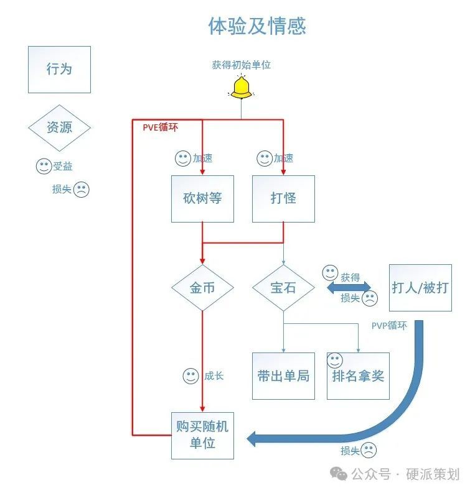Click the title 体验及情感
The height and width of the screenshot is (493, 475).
pos(256,26)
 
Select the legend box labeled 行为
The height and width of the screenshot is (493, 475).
pos(59,69)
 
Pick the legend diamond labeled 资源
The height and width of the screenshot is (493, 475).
pos(59,127)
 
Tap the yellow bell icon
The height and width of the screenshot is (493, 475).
pos(241,88)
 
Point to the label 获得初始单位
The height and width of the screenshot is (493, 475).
pos(241,64)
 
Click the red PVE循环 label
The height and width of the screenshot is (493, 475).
pos(160,127)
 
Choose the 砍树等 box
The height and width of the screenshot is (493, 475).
pos(202,199)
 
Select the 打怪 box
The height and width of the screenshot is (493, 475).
pos(283,199)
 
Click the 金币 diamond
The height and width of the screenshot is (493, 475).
pos(202,288)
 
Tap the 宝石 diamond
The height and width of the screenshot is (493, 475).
pos(283,288)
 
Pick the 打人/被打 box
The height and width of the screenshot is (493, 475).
pos(420,287)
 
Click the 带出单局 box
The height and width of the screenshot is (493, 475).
pos(283,376)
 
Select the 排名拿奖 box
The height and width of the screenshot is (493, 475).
pos(358,376)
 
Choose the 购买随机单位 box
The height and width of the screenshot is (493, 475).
pos(202,435)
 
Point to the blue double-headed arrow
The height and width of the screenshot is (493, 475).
pos(349,287)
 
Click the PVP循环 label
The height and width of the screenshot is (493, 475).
pos(389,325)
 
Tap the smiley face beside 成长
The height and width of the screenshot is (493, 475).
pos(190,376)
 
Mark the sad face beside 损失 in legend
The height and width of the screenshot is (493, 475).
pos(82,190)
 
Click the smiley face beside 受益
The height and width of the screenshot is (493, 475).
pos(44,166)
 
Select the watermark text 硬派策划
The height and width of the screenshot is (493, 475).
pos(433,474)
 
